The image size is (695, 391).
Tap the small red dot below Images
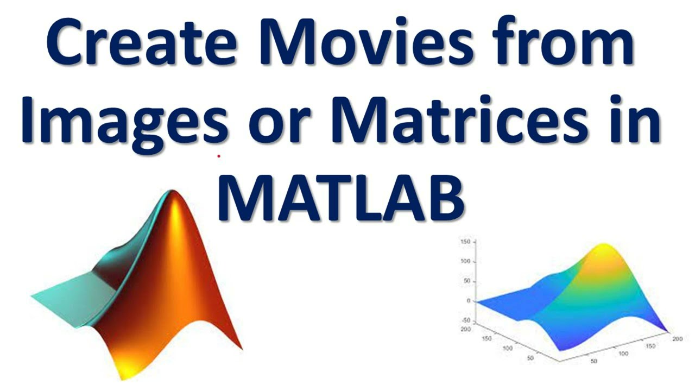(x=219, y=156)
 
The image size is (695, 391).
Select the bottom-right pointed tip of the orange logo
(x=241, y=348)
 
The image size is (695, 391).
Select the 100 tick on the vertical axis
(x=465, y=261)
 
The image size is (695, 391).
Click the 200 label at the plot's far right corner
(x=676, y=339)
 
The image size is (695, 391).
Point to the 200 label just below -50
(x=465, y=329)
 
